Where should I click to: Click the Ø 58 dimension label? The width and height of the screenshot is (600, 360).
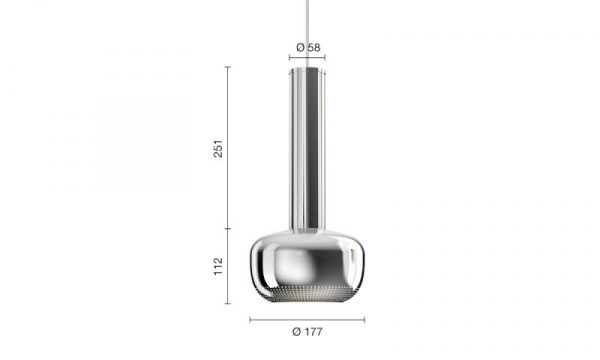pos(308,47)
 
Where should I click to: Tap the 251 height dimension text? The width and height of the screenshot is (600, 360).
pos(218,148)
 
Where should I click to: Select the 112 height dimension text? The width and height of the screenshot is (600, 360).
pos(218,266)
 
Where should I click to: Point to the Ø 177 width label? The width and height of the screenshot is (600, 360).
pos(307,332)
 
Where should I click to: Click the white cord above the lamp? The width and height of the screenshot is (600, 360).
pos(307,34)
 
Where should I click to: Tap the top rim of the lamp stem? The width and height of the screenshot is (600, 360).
pos(307,70)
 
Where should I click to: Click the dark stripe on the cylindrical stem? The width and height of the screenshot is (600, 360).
pos(311,149)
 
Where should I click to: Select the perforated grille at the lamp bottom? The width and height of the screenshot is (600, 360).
pos(307,293)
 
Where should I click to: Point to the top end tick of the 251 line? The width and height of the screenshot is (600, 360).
pos(228,67)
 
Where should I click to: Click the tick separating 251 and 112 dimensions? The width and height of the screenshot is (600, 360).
pos(228,229)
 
